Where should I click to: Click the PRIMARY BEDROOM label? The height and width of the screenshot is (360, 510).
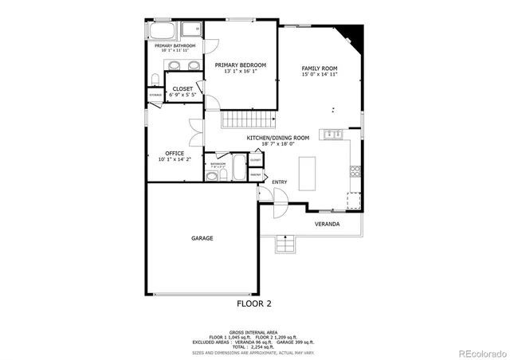(x=240, y=65)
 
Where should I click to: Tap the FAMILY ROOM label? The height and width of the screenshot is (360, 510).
(x=320, y=68)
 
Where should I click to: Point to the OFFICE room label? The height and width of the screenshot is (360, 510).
(x=175, y=153)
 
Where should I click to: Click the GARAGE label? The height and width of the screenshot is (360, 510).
(x=202, y=238)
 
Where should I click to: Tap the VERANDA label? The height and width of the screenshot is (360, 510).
(x=327, y=224)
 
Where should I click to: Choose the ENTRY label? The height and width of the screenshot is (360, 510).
(x=280, y=182)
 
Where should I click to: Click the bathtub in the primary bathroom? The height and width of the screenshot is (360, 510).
(x=163, y=32)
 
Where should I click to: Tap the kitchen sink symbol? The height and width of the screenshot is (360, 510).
(x=332, y=133)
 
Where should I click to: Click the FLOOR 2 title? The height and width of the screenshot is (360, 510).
(x=254, y=303)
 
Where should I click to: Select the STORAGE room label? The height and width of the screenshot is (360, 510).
(x=155, y=95)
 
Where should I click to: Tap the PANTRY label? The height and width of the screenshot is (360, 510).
(x=257, y=174)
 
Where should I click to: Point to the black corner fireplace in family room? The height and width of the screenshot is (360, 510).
(x=351, y=33)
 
